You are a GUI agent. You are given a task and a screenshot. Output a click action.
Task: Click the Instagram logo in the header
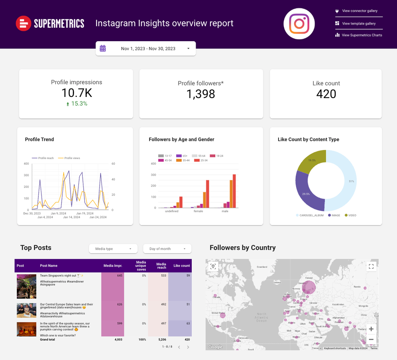pyautogui.click(x=299, y=24)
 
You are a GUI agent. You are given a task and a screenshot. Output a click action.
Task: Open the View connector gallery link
pyautogui.click(x=359, y=11)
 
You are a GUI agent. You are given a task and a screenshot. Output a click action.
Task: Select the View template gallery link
pyautogui.click(x=359, y=24)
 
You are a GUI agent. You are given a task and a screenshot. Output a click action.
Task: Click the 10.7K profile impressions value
pyautogui.click(x=76, y=93)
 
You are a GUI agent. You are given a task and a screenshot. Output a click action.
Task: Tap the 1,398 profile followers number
pyautogui.click(x=201, y=94)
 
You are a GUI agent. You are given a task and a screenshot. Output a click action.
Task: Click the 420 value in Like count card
pyautogui.click(x=326, y=94)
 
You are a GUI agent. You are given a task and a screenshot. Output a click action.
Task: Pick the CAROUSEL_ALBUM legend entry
pyautogui.click(x=309, y=215)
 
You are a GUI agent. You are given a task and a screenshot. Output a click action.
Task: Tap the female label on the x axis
pyautogui.click(x=198, y=211)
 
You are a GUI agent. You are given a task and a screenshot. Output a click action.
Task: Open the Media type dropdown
pyautogui.click(x=113, y=249)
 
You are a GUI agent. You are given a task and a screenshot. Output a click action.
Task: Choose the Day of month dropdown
pyautogui.click(x=167, y=249)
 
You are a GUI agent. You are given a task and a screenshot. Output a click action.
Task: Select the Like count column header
pyautogui.click(x=181, y=265)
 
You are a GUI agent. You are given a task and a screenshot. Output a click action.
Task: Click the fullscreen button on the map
pyautogui.click(x=371, y=266)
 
